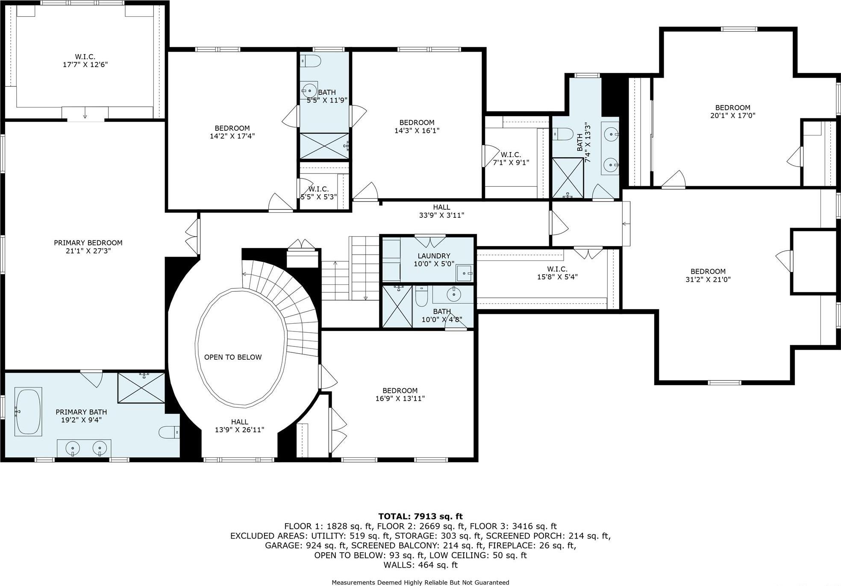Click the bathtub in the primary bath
click(28, 411)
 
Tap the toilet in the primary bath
click(169, 433)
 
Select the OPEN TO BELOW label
click(232, 357)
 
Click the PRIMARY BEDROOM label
click(88, 243)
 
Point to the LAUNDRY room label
click(434, 256)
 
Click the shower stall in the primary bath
click(141, 387)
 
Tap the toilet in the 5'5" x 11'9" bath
click(311, 62)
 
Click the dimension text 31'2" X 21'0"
click(708, 279)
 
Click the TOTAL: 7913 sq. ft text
click(420, 516)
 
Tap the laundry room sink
click(464, 273)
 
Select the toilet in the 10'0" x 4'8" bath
click(421, 296)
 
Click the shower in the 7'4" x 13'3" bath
click(568, 178)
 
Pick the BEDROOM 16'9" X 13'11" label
click(400, 390)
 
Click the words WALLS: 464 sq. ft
click(420, 565)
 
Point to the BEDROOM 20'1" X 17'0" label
click(732, 108)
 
